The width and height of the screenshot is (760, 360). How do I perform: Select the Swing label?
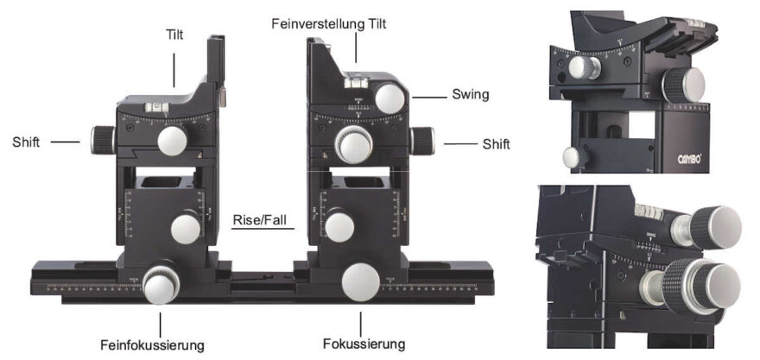coord(470,94)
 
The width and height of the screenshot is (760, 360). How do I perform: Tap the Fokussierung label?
coord(362,344)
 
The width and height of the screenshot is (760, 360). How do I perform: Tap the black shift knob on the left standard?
coord(101,138)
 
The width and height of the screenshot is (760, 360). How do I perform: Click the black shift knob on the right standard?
coord(421,140)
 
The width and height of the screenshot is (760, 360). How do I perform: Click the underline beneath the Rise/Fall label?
coord(263,228)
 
